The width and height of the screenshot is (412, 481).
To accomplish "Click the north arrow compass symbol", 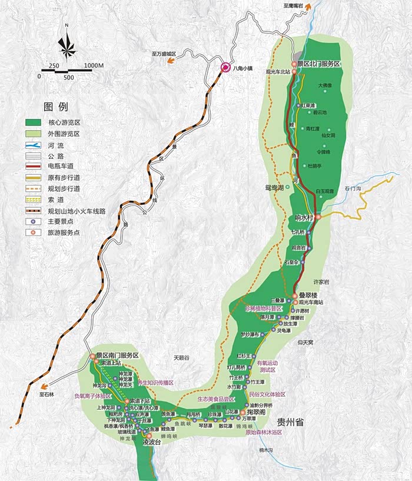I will point(67,45).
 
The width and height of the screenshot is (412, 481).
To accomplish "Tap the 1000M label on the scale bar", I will point(94,65).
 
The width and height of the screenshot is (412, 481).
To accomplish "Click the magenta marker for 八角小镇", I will point(225,68).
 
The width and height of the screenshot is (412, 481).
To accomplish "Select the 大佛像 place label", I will point(325,85).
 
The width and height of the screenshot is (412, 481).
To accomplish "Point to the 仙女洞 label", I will point(328,135).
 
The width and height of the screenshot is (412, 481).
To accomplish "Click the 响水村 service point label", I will point(304,217).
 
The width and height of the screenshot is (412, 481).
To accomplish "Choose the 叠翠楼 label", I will point(308,294).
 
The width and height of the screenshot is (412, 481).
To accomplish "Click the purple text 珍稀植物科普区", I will point(264,308).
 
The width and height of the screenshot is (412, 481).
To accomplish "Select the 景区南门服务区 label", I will point(117,356).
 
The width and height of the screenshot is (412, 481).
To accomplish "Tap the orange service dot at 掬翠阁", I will point(242,413).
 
